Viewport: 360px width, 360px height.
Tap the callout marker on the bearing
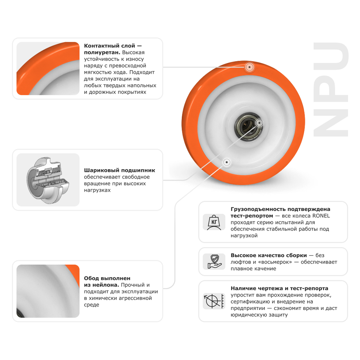click(258, 123)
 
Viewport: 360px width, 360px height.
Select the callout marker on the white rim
click(226, 162)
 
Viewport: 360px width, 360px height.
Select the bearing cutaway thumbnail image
click(48, 180)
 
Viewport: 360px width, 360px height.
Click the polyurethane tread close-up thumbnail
click(48, 68)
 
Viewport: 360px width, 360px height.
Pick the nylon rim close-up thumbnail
click(48, 291)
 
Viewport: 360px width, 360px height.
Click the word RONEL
click(321, 216)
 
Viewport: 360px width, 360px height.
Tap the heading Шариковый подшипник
click(120, 170)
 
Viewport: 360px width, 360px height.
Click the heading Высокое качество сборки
click(269, 255)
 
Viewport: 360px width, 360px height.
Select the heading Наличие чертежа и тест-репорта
click(279, 288)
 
